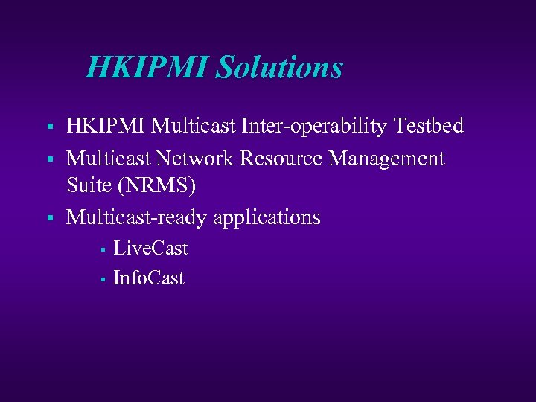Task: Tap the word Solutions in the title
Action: (279, 68)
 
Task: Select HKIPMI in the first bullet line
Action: (106, 126)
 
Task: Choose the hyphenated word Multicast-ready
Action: (137, 218)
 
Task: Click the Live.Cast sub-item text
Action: (150, 248)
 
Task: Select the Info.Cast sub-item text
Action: (148, 278)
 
